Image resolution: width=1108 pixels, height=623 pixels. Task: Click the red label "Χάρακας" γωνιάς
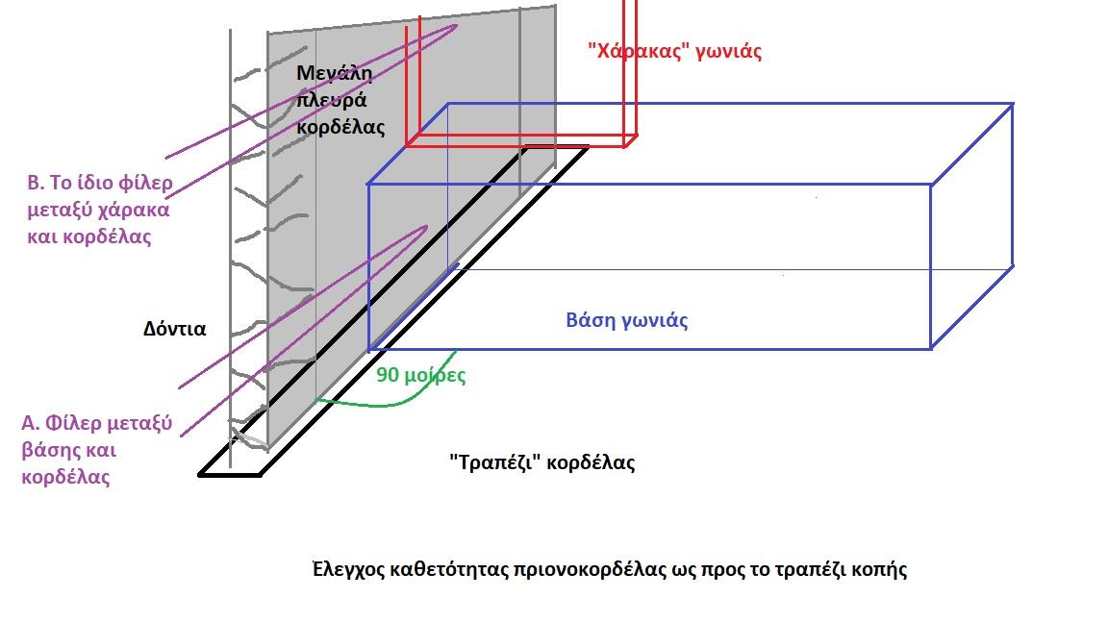pyautogui.click(x=674, y=52)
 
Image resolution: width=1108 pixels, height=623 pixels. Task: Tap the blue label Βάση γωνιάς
pyautogui.click(x=626, y=320)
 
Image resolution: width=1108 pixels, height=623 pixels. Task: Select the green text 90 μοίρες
pyautogui.click(x=420, y=375)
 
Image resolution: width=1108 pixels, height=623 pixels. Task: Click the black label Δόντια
pyautogui.click(x=174, y=328)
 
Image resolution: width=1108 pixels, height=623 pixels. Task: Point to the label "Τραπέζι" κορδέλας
pyautogui.click(x=541, y=462)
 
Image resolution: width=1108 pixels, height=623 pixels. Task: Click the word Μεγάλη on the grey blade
pyautogui.click(x=333, y=73)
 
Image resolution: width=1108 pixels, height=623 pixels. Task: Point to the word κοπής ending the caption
pyautogui.click(x=879, y=569)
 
